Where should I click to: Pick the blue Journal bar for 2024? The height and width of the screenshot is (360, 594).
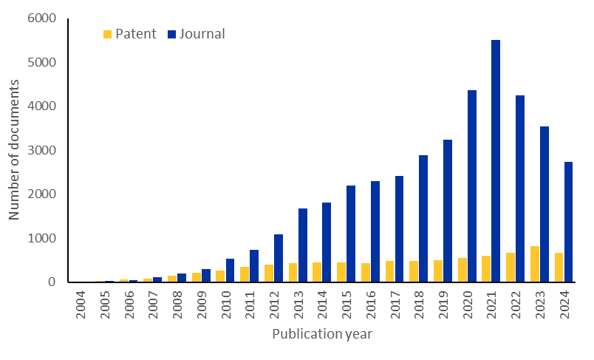pos(568,222)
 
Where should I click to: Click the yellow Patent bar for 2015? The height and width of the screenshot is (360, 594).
pos(341,272)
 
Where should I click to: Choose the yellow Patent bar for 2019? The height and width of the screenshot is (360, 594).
pos(438,271)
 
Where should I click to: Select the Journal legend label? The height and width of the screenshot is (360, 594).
pos(202,34)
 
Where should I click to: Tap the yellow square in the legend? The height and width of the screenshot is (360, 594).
pos(108,34)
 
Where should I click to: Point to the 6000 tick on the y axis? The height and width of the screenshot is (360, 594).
pos(42,18)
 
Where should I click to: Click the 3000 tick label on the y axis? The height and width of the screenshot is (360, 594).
pos(42,150)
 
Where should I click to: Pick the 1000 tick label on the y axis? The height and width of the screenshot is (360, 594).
pos(42,238)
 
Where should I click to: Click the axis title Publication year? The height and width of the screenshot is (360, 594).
pos(322,334)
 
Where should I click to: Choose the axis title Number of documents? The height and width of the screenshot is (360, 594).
pos(14,150)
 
